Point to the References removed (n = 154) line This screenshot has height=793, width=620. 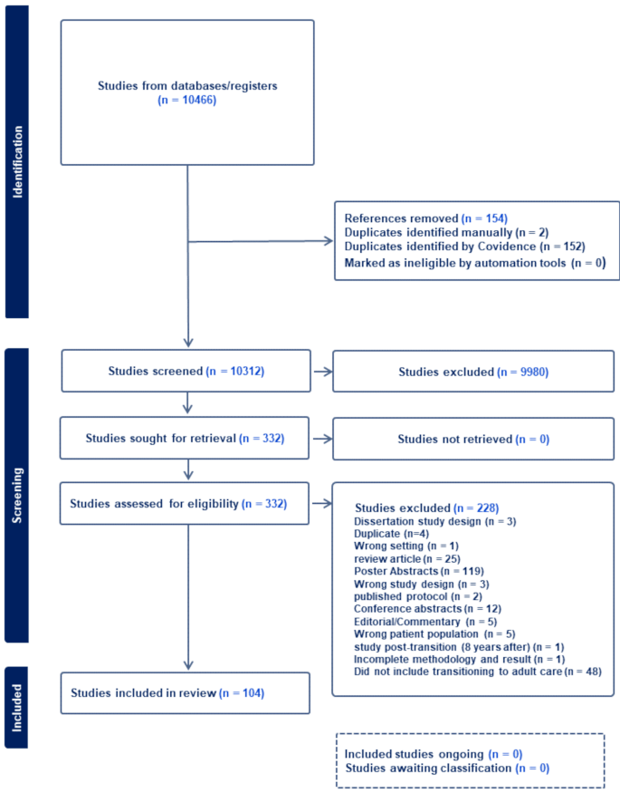(x=426, y=218)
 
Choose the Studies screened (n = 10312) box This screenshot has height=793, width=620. (x=186, y=372)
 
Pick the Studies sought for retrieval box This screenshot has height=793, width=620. (x=186, y=439)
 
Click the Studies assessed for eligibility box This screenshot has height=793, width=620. (x=186, y=503)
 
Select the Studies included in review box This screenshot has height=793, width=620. (x=186, y=694)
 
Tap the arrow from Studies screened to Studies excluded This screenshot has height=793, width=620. (x=321, y=372)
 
